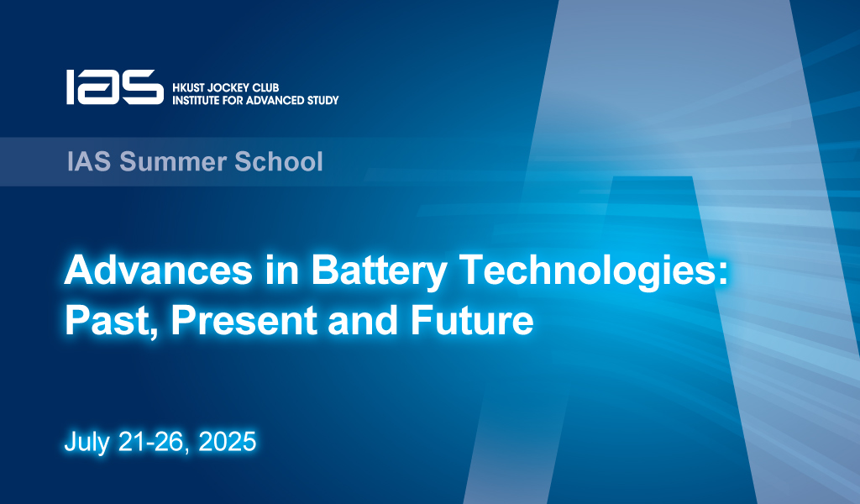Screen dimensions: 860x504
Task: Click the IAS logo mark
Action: coord(115,87)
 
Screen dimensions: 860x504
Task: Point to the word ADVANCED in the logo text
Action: coord(275,100)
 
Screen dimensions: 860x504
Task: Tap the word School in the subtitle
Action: coord(279,162)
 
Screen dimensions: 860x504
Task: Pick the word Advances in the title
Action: coord(159,270)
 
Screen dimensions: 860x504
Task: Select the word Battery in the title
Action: coord(379,272)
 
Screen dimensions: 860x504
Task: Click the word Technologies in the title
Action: coord(586,272)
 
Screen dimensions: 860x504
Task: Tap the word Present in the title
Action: coord(244,320)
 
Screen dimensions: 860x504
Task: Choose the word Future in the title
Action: coord(472,320)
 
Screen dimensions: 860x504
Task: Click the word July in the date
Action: coord(87,442)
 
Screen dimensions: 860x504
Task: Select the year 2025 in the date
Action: coord(227,442)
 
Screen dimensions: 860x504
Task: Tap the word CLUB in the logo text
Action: coord(266,87)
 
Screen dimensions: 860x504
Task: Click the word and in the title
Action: coord(364,320)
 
